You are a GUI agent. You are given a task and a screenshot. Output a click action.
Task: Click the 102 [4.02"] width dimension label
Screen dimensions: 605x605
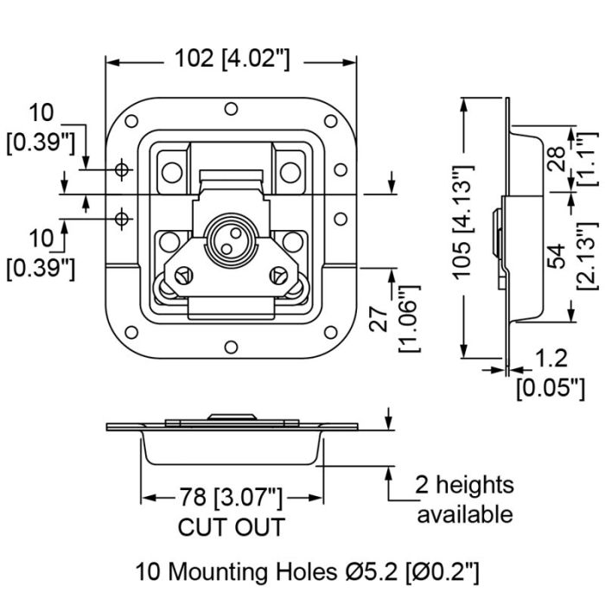(232, 60)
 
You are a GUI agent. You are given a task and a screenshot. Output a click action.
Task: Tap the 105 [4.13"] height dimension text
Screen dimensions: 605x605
(462, 222)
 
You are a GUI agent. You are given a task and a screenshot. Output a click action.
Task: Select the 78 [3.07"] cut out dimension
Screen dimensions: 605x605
(231, 497)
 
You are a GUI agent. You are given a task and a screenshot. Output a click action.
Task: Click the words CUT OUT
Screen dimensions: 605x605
(231, 526)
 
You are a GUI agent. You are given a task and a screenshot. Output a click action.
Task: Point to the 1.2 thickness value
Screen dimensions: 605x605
(551, 358)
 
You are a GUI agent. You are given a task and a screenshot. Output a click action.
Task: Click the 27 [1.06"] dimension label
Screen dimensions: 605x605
(393, 319)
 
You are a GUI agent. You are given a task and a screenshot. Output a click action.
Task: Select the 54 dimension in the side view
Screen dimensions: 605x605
(557, 256)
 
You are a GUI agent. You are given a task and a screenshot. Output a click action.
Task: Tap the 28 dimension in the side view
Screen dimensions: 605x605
(557, 158)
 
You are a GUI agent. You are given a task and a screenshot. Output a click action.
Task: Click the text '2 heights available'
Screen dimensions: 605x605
(465, 500)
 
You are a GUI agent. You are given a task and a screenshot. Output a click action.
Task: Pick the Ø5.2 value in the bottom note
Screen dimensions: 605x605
(371, 572)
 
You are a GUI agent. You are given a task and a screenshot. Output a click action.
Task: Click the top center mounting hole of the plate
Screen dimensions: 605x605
(231, 109)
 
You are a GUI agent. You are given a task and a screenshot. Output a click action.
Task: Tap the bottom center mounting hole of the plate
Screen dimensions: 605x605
(231, 347)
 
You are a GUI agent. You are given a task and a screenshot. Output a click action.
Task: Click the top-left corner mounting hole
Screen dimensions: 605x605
(131, 121)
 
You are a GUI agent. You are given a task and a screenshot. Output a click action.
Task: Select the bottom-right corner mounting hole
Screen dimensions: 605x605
(331, 332)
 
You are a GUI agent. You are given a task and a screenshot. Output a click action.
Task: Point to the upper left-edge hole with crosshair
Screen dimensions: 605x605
(122, 169)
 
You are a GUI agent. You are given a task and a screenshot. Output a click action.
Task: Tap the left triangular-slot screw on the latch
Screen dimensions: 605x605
(184, 277)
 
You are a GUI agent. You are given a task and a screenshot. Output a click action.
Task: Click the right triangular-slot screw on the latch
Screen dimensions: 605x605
(277, 277)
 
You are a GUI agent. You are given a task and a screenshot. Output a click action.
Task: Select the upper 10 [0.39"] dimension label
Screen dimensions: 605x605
(41, 129)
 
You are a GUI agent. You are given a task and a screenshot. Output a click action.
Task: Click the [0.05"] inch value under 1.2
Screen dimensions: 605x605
(551, 389)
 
